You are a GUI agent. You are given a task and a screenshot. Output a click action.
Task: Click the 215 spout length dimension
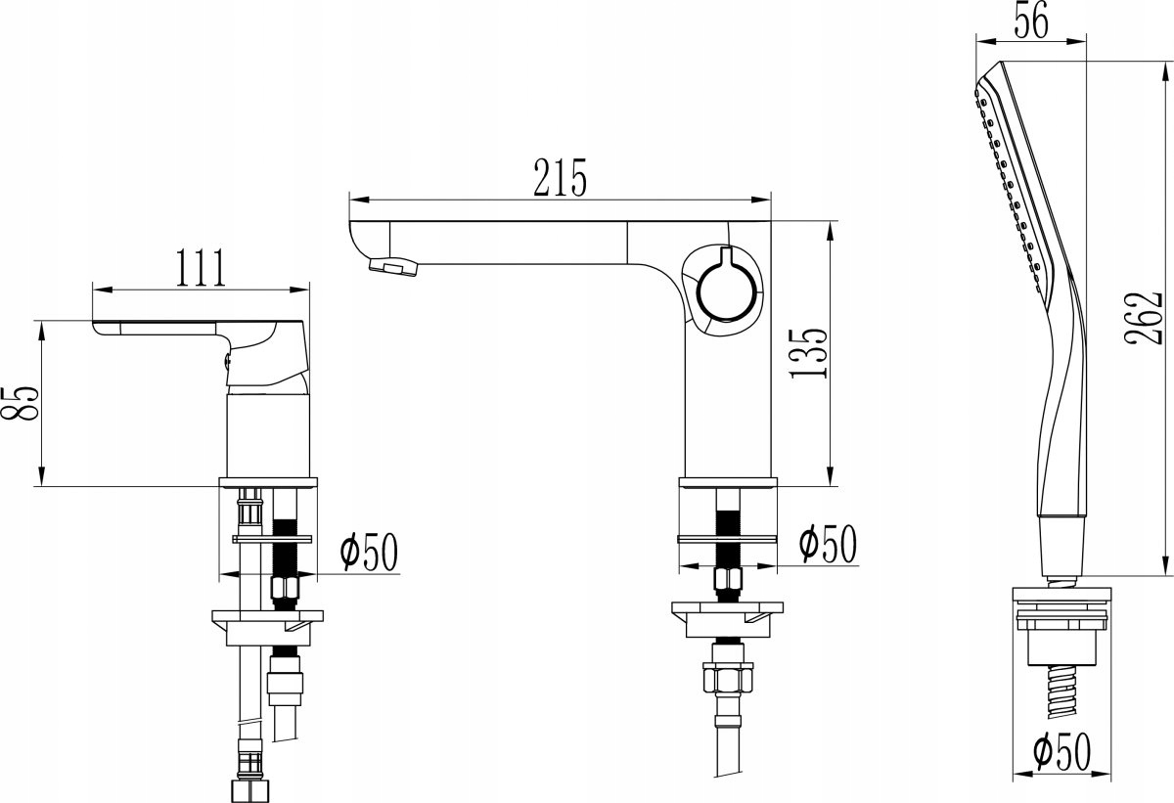coord(560,179)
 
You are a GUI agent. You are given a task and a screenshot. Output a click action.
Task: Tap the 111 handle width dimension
coord(201,268)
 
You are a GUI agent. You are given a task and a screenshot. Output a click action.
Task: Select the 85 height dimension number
coord(20,403)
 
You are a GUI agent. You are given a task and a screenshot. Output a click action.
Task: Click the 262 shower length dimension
coord(1143,319)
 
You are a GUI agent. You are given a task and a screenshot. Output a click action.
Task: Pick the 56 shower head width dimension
coord(1031,20)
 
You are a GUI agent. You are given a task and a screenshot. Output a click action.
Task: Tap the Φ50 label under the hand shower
coord(1061,751)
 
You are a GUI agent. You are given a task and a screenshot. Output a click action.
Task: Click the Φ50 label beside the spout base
coord(828,544)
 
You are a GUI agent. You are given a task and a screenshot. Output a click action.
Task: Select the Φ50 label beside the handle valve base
coord(369,552)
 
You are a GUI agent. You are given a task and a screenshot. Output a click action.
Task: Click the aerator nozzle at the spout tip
coord(394,266)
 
